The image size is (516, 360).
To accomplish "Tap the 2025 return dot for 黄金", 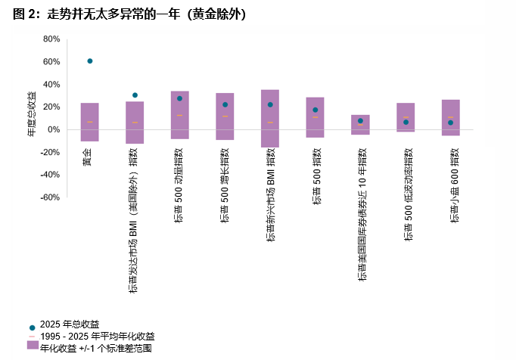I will [90, 61].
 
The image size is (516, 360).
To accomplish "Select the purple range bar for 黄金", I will [90, 122].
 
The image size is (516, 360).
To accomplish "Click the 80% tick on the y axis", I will [51, 39].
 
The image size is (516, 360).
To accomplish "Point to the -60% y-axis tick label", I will [50, 197].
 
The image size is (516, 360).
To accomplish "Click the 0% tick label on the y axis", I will [54, 129].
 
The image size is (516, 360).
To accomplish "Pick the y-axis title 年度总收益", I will [31, 113].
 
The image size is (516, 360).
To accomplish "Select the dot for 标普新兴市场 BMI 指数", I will [270, 104].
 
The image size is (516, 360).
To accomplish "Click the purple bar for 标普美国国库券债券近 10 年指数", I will [360, 124].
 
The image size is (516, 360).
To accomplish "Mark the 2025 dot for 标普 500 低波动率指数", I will [406, 122].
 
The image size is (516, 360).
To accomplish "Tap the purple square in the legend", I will [32, 345].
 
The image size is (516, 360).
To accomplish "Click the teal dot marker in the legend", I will [32, 326].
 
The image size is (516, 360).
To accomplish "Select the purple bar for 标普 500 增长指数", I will [225, 116].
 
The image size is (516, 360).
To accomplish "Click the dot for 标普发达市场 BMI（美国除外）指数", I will [135, 95].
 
